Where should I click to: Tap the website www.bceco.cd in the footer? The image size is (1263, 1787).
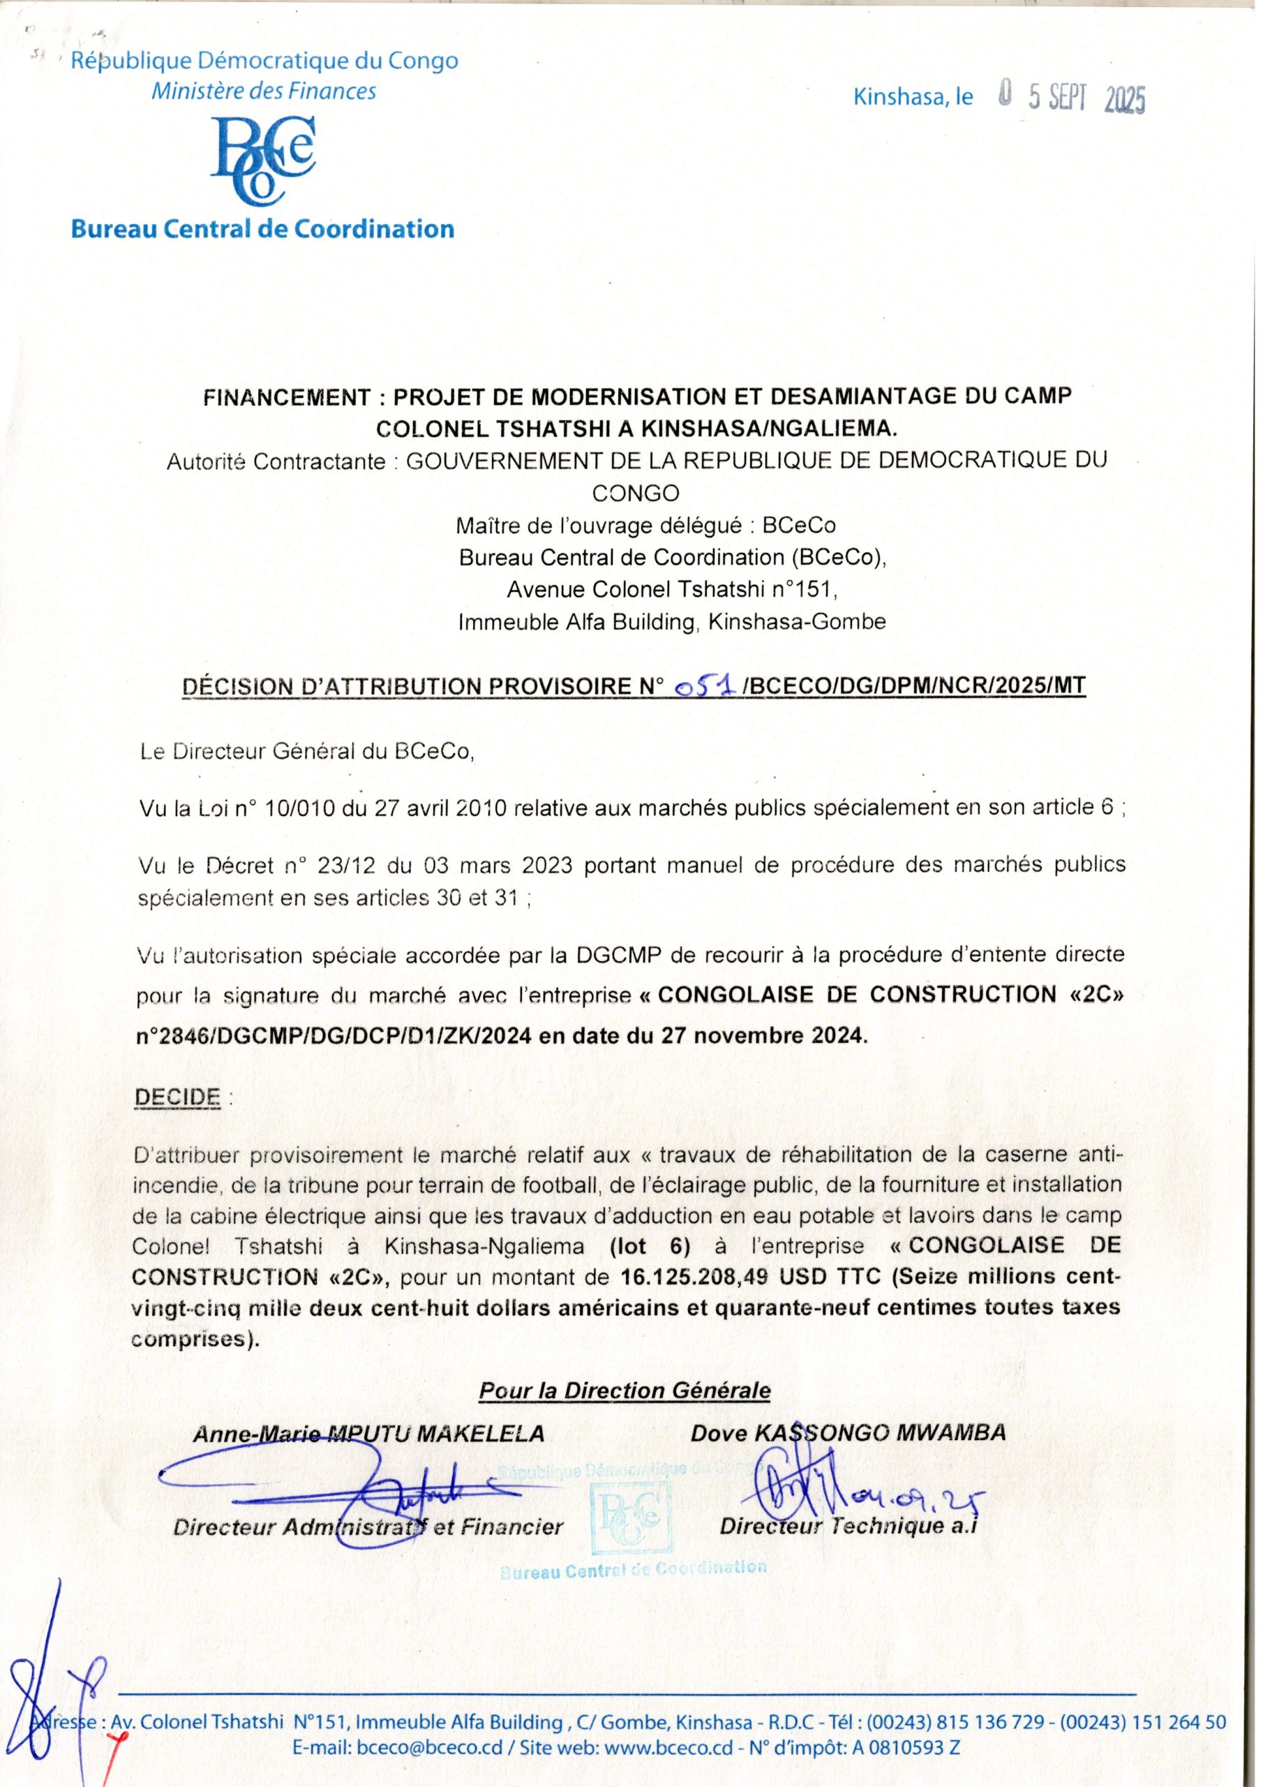pos(668,1747)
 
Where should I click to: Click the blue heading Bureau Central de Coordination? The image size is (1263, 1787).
pos(262,229)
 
